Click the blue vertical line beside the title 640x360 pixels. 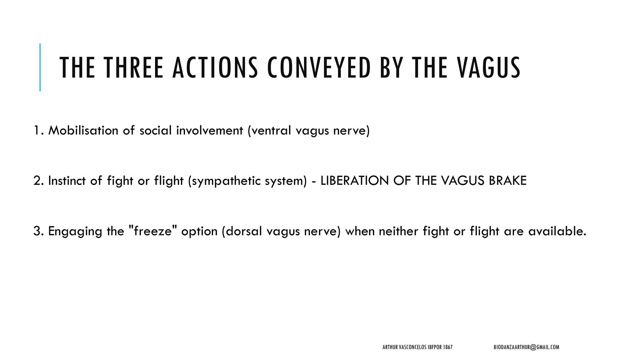[40, 67]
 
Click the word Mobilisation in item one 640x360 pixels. [83, 130]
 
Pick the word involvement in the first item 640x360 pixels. [210, 130]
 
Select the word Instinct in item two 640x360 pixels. [67, 181]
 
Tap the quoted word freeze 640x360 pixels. [153, 231]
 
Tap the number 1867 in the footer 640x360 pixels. [447, 347]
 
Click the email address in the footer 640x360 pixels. [526, 347]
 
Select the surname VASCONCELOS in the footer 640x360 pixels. [412, 347]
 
